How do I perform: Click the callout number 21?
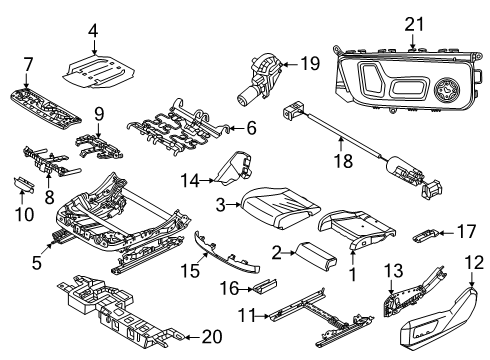(414, 25)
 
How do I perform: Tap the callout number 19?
(310, 63)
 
